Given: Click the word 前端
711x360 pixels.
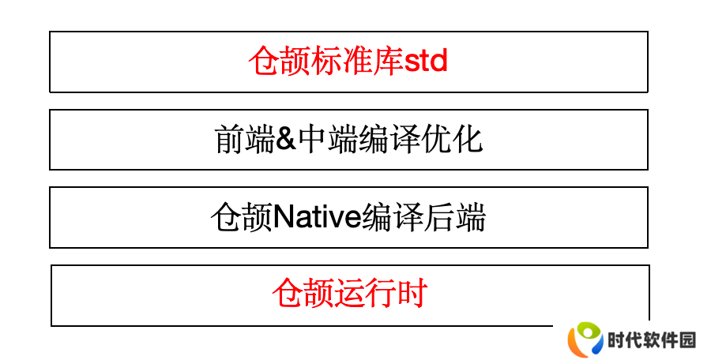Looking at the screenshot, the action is point(244,139).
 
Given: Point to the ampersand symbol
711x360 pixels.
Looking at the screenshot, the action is point(286,139).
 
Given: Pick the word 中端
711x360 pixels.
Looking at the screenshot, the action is point(327,139).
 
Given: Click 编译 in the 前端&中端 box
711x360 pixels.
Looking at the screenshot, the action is point(389,139).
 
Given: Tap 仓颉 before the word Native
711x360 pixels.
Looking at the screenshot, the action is point(242,217).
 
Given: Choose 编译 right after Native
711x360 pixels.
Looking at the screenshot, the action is point(392,217).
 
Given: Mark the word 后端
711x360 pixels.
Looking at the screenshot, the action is point(454,217).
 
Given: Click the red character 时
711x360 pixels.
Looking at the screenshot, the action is point(412,294).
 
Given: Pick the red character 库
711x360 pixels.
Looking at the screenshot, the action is point(388,61).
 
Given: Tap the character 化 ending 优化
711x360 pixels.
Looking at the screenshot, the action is point(467,139).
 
